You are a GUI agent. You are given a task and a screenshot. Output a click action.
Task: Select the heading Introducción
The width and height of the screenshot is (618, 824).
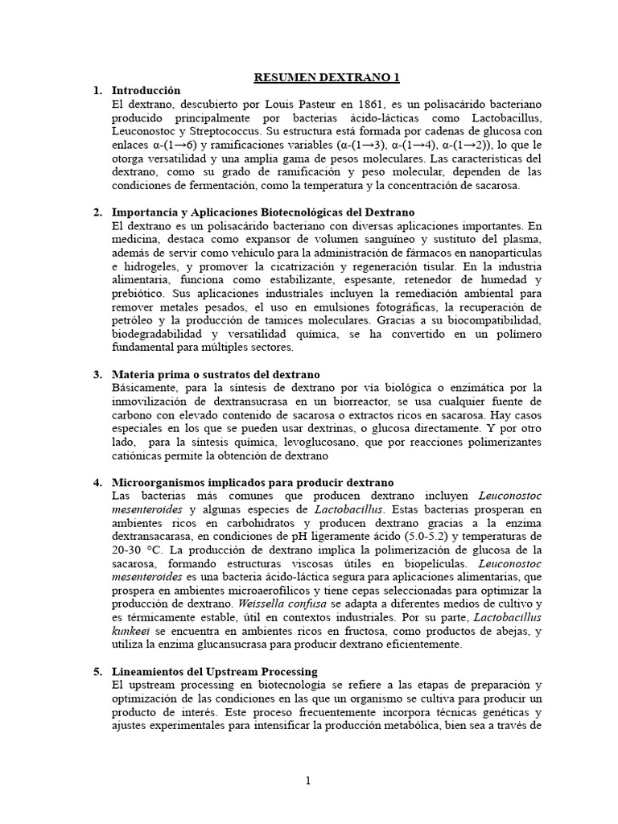click(146, 91)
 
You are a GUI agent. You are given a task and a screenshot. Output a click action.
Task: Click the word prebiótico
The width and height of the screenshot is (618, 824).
click(142, 294)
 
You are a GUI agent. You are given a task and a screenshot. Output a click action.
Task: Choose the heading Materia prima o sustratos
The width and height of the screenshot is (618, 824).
click(216, 375)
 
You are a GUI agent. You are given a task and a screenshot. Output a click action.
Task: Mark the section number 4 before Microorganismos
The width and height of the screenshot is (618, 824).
click(97, 483)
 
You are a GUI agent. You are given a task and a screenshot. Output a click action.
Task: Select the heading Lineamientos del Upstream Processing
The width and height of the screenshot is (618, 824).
click(215, 672)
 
